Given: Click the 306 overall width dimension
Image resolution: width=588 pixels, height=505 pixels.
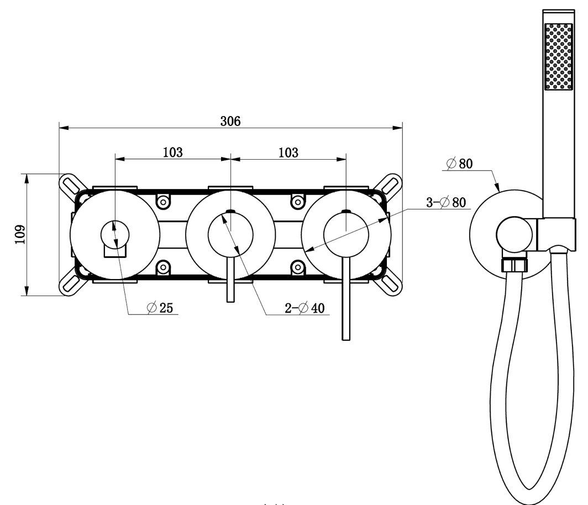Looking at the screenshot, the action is pyautogui.click(x=230, y=121).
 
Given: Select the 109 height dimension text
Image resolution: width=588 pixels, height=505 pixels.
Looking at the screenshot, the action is pyautogui.click(x=20, y=234).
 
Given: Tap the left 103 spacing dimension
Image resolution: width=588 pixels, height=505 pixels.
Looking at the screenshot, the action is pyautogui.click(x=173, y=152).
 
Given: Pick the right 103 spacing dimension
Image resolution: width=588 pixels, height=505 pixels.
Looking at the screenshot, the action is pyautogui.click(x=288, y=152).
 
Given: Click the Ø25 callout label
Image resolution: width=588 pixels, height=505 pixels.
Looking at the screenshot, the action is pyautogui.click(x=160, y=307).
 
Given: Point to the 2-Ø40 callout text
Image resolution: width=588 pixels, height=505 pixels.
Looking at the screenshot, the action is pyautogui.click(x=305, y=308).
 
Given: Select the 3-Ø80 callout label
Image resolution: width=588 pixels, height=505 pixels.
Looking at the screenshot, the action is pyautogui.click(x=446, y=202).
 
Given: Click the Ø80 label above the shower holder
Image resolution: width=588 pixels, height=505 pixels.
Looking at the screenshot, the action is pyautogui.click(x=459, y=164).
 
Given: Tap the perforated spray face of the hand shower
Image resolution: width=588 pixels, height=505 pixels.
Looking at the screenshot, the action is pyautogui.click(x=558, y=56).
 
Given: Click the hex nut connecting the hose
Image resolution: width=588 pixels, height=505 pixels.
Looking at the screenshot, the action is pyautogui.click(x=514, y=265).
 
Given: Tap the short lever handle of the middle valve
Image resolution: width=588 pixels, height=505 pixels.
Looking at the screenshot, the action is pyautogui.click(x=230, y=280).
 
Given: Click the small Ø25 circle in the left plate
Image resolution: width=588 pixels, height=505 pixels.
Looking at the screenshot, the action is pyautogui.click(x=115, y=235).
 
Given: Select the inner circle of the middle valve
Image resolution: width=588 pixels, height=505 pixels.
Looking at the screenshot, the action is pyautogui.click(x=230, y=235).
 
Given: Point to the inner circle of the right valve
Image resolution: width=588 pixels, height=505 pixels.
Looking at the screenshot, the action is pyautogui.click(x=346, y=235).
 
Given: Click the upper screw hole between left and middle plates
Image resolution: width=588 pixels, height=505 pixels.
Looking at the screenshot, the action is pyautogui.click(x=163, y=202).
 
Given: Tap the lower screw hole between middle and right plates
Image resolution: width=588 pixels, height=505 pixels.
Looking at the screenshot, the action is pyautogui.click(x=298, y=267).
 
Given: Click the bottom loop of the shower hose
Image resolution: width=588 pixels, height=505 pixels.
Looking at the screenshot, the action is pyautogui.click(x=529, y=492).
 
